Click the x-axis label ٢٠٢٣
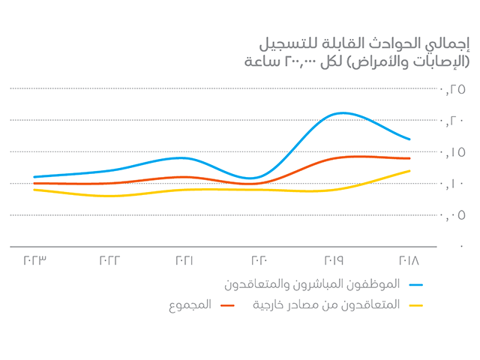click(x=35, y=261)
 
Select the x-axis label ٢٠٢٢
click(x=109, y=261)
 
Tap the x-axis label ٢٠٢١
click(x=184, y=261)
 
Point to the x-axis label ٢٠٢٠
click(x=259, y=261)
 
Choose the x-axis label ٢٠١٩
click(x=334, y=261)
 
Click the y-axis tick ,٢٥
click(x=456, y=89)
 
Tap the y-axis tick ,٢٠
click(x=456, y=121)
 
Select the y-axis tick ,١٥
click(x=456, y=152)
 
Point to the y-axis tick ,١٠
click(x=456, y=184)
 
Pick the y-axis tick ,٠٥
click(x=456, y=215)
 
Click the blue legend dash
click(x=416, y=285)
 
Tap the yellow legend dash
click(x=416, y=304)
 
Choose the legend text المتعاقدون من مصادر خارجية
click(x=328, y=304)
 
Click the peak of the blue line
click(x=341, y=113)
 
